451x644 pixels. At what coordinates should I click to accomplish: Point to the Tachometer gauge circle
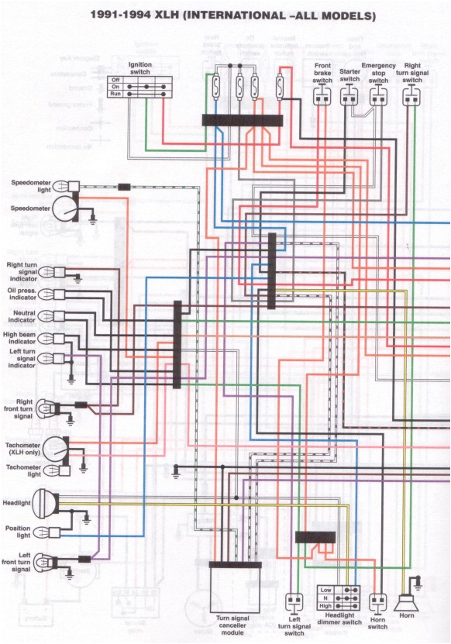coord(56,448)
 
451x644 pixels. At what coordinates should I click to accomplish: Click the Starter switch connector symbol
coord(350,95)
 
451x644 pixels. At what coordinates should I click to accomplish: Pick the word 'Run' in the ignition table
coord(115,94)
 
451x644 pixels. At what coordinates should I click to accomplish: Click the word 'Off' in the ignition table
coord(115,79)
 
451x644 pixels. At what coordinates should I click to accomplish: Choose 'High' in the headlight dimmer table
coord(326,605)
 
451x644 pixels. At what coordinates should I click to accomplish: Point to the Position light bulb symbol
coord(47,532)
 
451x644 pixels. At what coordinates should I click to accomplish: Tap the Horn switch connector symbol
coord(378,601)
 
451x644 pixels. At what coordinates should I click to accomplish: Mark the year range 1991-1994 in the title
coord(123,15)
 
